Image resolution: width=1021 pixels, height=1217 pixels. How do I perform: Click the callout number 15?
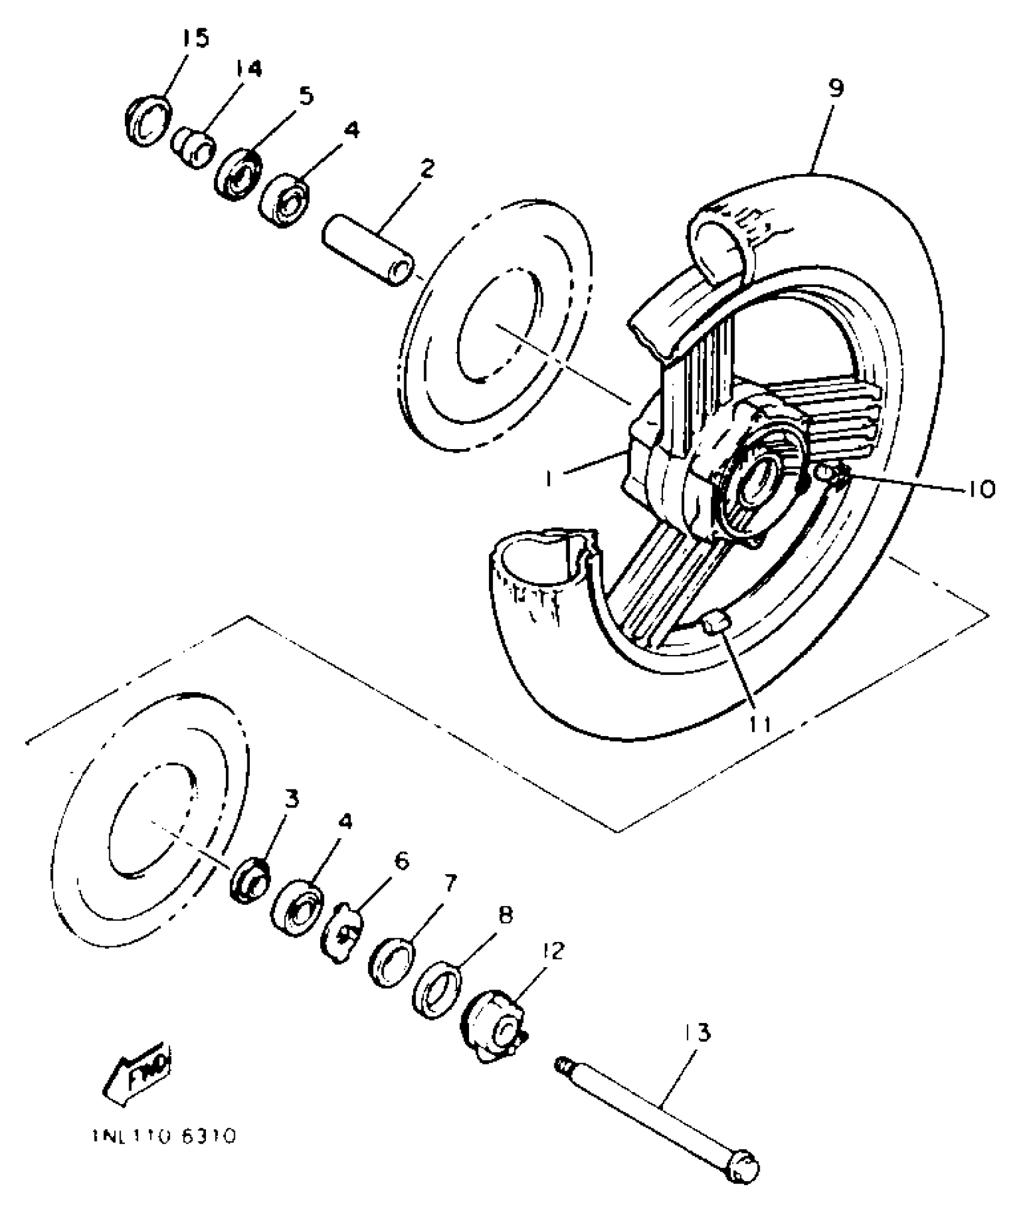coord(196,40)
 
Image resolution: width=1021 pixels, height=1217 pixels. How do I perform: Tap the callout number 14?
coord(248,70)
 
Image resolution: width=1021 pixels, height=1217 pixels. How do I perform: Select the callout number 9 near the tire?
coord(835,89)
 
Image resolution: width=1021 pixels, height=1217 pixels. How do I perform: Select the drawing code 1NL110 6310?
coord(164,1137)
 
